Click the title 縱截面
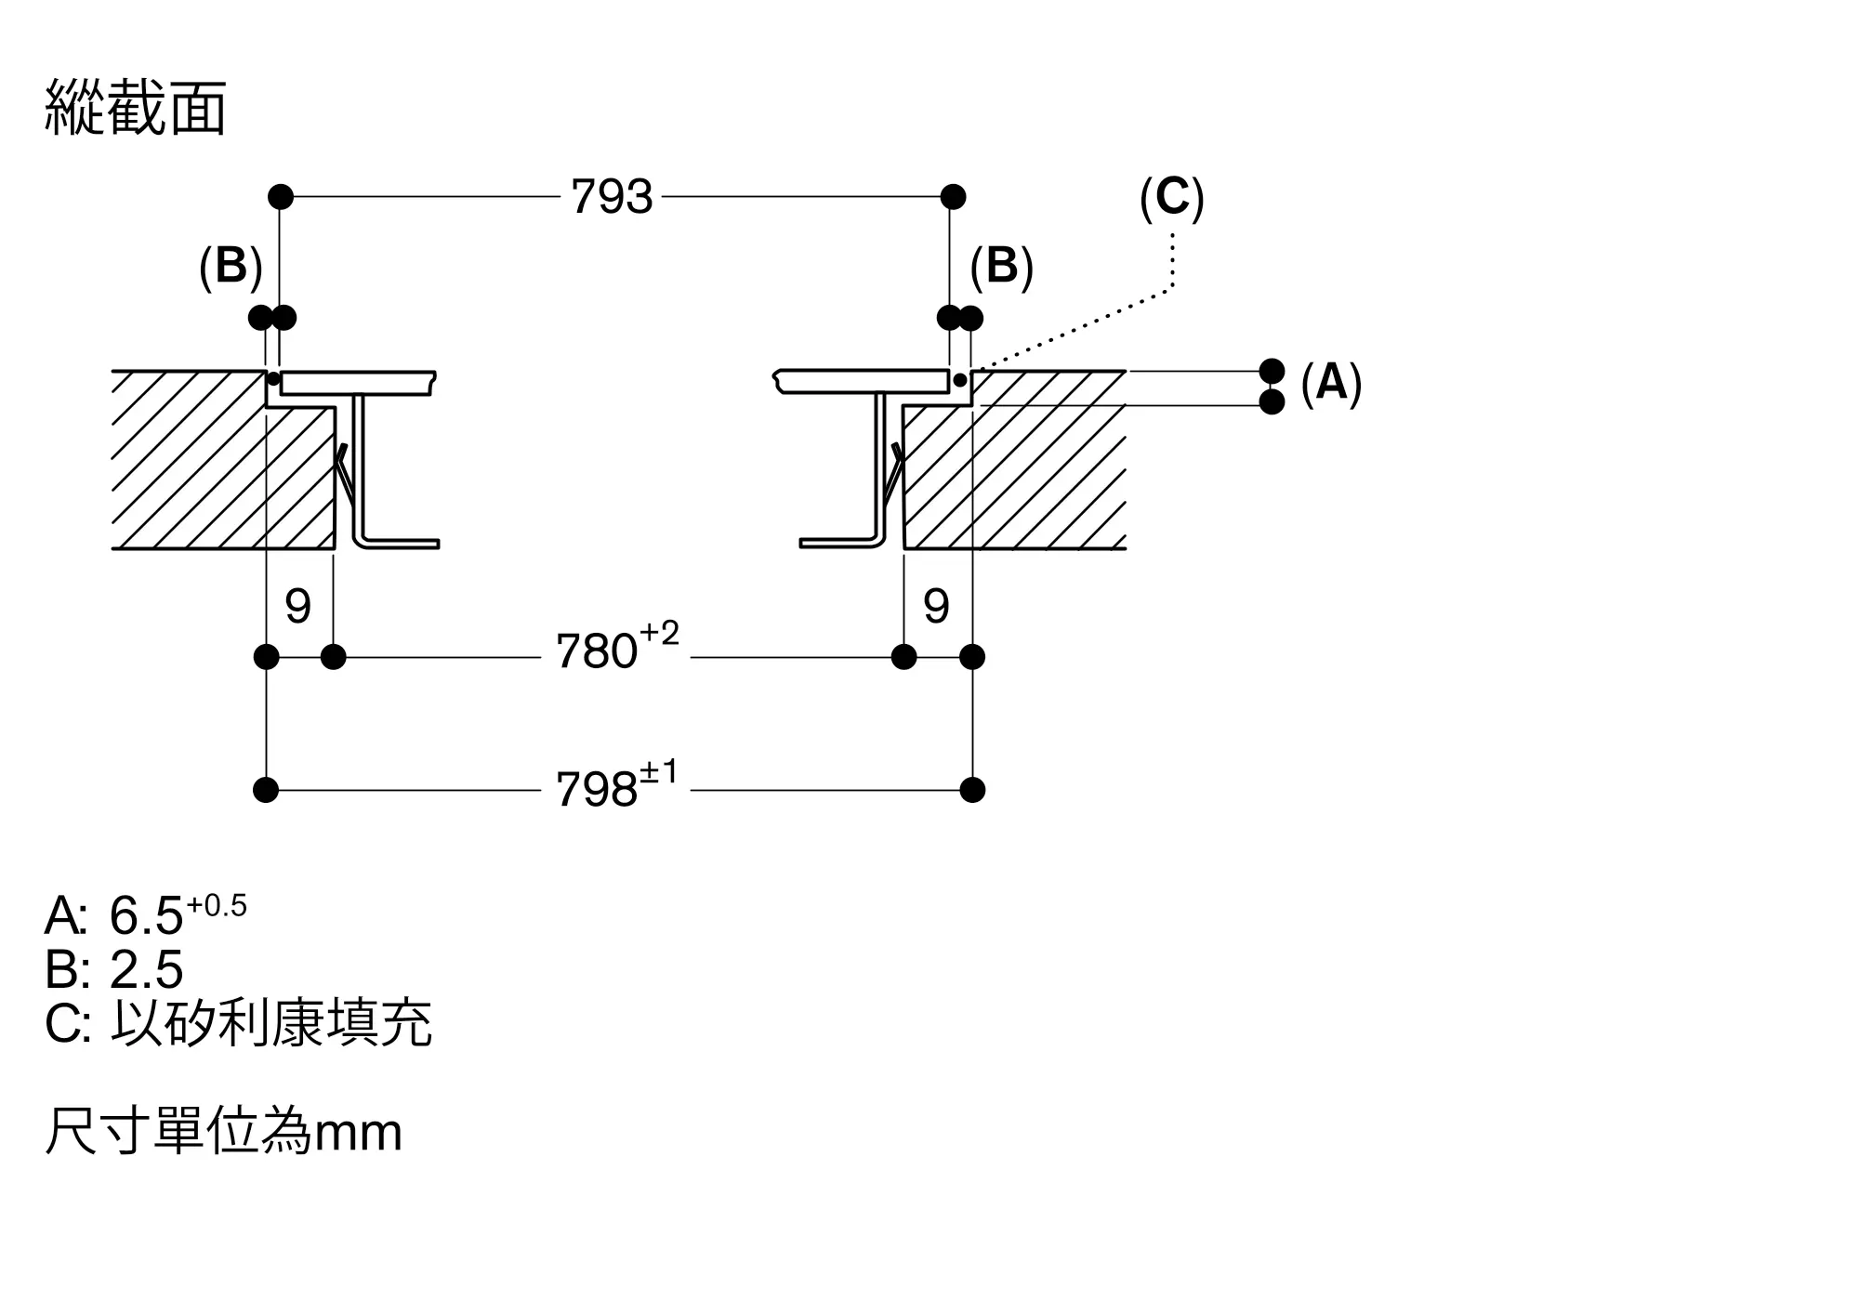[x=136, y=109]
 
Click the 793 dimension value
[x=612, y=197]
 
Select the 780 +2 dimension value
[x=617, y=647]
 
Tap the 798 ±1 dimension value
[x=617, y=785]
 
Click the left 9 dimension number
[x=298, y=606]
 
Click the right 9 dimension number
[x=937, y=606]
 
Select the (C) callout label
[x=1172, y=198]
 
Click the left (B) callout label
[x=231, y=267]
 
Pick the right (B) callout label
[x=1001, y=267]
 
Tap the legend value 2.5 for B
[x=146, y=969]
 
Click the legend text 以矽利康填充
[x=271, y=1023]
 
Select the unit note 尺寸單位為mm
[x=223, y=1131]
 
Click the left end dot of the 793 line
[x=281, y=197]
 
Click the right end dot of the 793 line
[x=953, y=197]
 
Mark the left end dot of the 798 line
[x=266, y=790]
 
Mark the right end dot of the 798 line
[x=972, y=790]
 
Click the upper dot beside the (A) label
[x=1272, y=371]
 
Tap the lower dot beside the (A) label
[x=1272, y=401]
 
